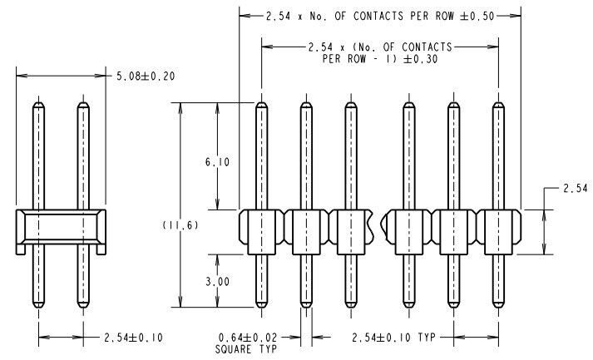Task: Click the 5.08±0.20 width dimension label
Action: [146, 76]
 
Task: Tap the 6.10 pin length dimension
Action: [217, 162]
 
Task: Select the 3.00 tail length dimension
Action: [217, 282]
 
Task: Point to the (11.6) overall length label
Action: [180, 225]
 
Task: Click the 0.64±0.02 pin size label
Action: [248, 338]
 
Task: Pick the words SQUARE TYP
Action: [246, 349]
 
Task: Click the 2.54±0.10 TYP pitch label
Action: [393, 338]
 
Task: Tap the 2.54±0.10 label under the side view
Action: [134, 338]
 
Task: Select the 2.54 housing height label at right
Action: [576, 188]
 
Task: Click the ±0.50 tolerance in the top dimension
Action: [477, 16]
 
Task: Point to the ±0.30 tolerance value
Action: [421, 59]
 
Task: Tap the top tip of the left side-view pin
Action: [38, 102]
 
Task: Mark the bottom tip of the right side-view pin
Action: [83, 307]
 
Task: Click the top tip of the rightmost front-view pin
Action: [498, 102]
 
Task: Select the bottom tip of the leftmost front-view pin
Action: [261, 307]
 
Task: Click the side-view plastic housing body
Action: [61, 227]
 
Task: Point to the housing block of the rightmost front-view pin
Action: [499, 232]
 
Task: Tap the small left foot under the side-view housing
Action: [21, 249]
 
